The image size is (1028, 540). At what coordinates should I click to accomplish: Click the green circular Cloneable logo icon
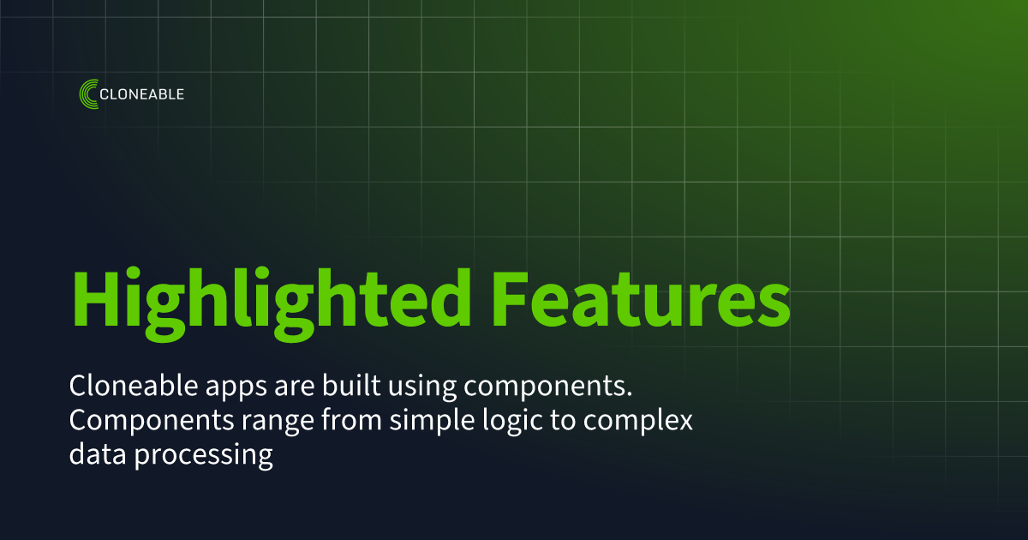[87, 93]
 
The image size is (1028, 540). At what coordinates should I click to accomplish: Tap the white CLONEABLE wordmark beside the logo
[142, 94]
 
